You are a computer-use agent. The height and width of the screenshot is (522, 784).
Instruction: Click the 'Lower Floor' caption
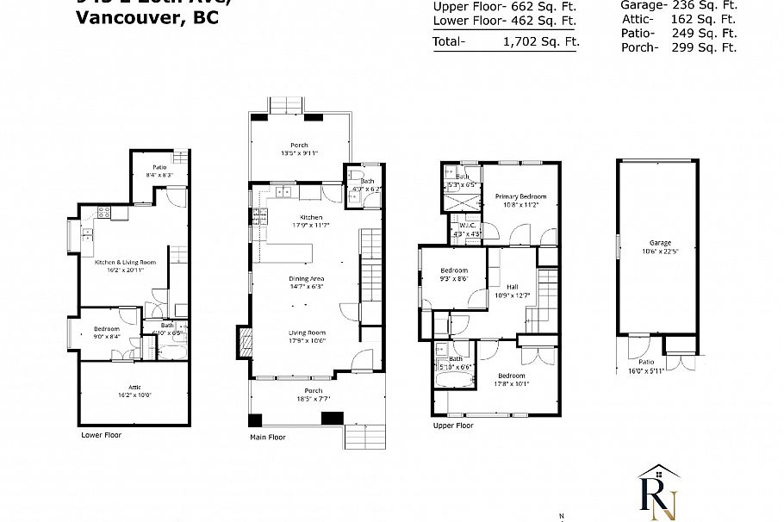(101, 435)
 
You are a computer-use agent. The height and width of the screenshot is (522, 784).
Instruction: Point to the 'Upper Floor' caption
(453, 426)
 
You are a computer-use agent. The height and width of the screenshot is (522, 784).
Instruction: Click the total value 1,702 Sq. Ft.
(541, 40)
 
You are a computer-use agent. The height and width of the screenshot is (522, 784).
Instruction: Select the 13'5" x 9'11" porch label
(299, 149)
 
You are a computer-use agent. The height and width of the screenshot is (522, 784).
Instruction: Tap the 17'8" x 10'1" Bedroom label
(511, 380)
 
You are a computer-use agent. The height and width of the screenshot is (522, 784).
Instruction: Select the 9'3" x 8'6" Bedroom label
(452, 274)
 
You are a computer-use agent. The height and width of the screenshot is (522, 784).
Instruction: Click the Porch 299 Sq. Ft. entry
(678, 47)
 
